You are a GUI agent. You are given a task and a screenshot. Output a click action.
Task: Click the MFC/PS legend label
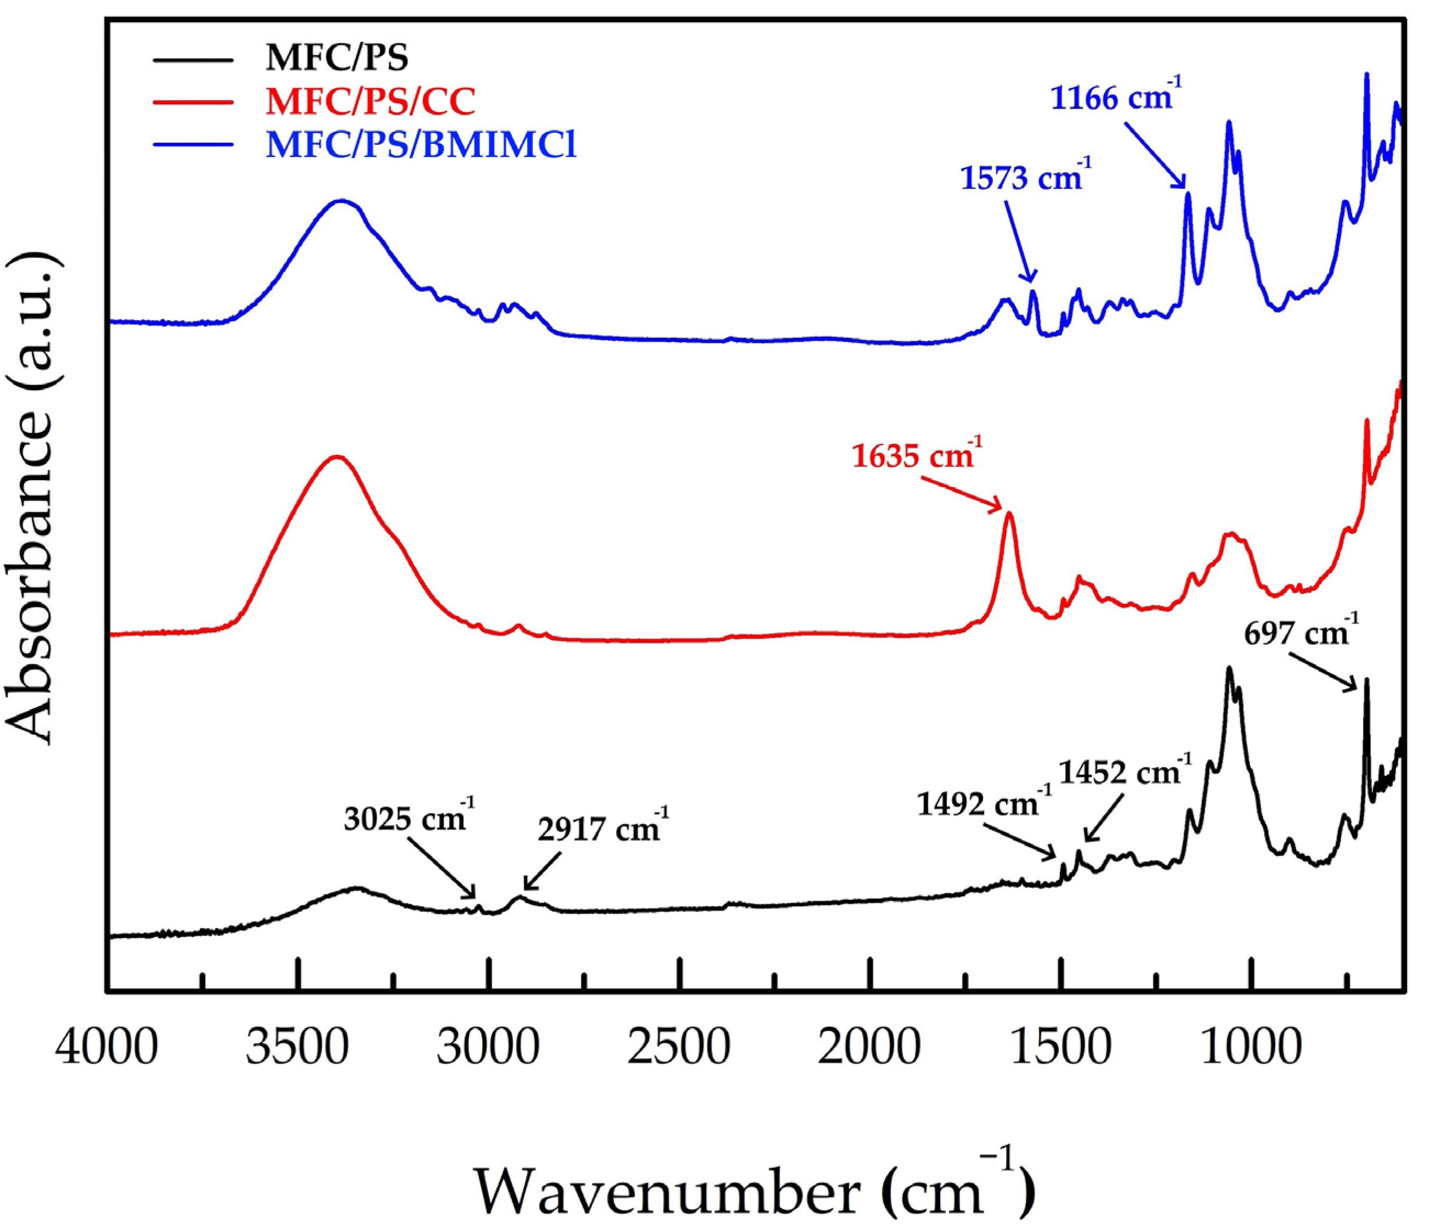click(x=337, y=58)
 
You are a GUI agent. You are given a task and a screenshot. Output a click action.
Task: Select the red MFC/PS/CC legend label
click(x=370, y=102)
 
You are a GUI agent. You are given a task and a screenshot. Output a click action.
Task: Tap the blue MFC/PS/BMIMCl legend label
click(x=421, y=145)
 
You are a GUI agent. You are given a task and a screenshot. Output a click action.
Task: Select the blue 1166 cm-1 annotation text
click(x=1116, y=99)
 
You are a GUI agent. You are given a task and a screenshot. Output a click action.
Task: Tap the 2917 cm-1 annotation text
click(x=603, y=829)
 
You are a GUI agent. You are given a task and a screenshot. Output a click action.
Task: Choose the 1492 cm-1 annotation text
click(x=984, y=804)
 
